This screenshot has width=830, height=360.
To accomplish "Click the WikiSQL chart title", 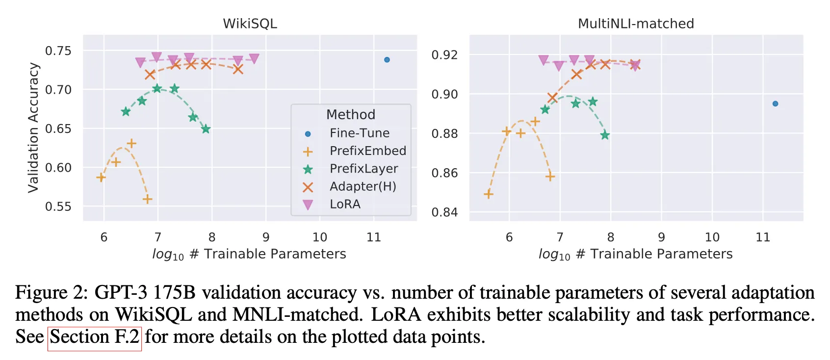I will click(x=250, y=24).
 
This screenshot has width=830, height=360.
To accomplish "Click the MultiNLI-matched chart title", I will click(x=636, y=24).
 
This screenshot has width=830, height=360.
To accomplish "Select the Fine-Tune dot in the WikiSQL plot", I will click(x=387, y=60).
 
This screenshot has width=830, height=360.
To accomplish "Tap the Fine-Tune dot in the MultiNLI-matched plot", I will click(x=775, y=103).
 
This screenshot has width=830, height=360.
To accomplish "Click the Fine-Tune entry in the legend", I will click(x=359, y=133).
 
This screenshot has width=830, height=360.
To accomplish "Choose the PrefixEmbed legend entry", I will click(x=367, y=151).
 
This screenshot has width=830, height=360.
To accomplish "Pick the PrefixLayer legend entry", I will click(x=363, y=169).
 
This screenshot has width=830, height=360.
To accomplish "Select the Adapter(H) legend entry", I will click(x=363, y=186).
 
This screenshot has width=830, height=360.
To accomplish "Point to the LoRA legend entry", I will click(x=345, y=204).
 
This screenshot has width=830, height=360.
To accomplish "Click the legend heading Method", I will click(x=351, y=114).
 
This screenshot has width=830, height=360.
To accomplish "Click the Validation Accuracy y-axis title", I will click(x=33, y=128).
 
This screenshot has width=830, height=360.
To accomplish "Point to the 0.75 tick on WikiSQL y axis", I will click(x=58, y=51).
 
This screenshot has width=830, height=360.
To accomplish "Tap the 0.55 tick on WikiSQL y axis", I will click(x=58, y=206).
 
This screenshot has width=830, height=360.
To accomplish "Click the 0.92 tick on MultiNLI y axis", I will click(x=444, y=55).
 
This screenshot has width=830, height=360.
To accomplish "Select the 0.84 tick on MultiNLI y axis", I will click(x=444, y=212).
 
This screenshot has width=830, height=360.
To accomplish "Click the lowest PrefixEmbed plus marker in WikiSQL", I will click(x=147, y=199).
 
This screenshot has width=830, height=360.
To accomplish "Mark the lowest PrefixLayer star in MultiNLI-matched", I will click(x=605, y=135).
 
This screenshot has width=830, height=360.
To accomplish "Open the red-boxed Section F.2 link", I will click(x=95, y=337).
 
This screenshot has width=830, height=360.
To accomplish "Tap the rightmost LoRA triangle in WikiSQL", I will click(x=254, y=59).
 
